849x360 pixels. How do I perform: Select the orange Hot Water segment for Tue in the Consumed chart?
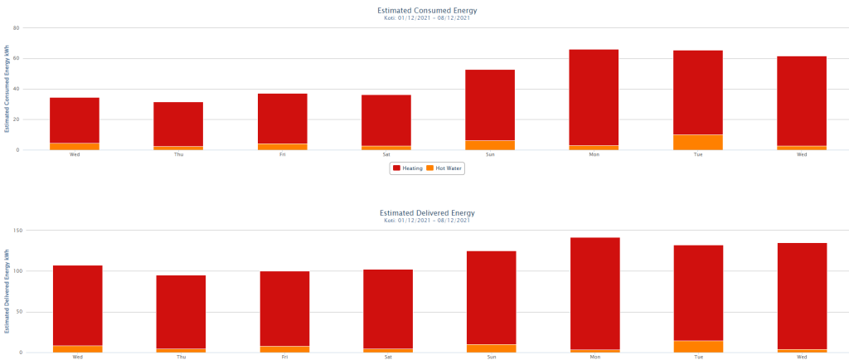click(x=697, y=142)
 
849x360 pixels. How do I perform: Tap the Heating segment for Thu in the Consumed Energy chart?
click(x=178, y=124)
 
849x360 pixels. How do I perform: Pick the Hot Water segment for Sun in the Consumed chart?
click(x=490, y=145)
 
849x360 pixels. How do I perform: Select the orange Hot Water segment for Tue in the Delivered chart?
click(x=698, y=347)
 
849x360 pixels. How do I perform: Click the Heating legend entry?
click(x=407, y=168)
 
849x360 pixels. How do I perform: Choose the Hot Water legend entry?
click(x=444, y=168)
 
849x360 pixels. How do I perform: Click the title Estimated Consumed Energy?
click(x=427, y=11)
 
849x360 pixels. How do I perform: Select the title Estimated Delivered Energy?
click(x=427, y=213)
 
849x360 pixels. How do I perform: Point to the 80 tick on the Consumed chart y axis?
click(x=16, y=27)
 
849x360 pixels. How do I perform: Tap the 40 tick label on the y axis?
click(x=16, y=89)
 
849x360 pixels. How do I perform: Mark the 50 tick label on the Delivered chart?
click(x=17, y=312)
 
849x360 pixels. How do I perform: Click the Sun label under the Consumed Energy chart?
click(x=490, y=154)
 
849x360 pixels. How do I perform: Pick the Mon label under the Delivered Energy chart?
click(x=594, y=357)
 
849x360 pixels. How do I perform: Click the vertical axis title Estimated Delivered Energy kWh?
click(x=6, y=291)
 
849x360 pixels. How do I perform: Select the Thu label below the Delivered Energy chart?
click(x=181, y=357)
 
